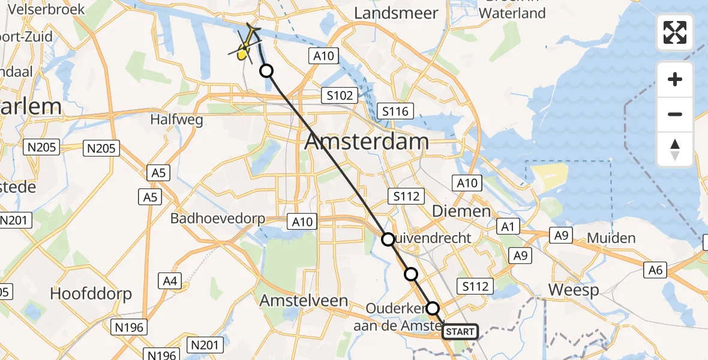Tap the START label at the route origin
coord(460,331)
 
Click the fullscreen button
coord(675,32)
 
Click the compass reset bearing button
coord(675,149)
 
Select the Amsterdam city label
coord(367,142)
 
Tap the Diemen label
coord(461,211)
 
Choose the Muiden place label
coord(611,238)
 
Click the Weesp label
coord(574,290)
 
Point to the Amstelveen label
coord(304,301)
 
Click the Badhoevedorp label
coord(218,218)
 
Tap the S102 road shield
coord(340,95)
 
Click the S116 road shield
coord(395,111)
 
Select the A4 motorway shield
coord(170,280)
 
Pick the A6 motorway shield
coord(655,270)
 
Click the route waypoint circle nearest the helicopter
coord(266,71)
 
